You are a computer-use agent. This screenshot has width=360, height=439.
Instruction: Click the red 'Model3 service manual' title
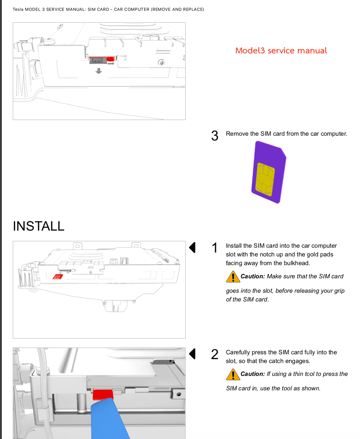pyautogui.click(x=281, y=50)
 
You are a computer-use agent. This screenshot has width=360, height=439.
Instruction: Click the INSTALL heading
pyautogui.click(x=39, y=226)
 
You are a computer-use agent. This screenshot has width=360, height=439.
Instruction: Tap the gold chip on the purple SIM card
pyautogui.click(x=265, y=179)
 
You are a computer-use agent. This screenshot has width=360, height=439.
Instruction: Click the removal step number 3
pyautogui.click(x=214, y=136)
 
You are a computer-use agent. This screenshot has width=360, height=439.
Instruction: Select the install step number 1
pyautogui.click(x=214, y=248)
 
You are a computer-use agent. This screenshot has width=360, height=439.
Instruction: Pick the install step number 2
pyautogui.click(x=214, y=355)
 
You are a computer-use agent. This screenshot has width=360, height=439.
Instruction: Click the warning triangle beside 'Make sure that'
pyautogui.click(x=232, y=277)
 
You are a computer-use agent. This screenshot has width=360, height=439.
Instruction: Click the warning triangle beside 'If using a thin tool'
pyautogui.click(x=232, y=375)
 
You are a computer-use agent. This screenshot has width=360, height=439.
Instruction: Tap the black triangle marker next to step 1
pyautogui.click(x=193, y=247)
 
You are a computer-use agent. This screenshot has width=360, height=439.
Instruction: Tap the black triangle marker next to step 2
pyautogui.click(x=193, y=354)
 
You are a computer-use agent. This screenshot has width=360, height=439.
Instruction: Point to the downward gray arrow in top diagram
pyautogui.click(x=99, y=71)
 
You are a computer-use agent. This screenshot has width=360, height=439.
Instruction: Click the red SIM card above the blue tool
pyautogui.click(x=103, y=394)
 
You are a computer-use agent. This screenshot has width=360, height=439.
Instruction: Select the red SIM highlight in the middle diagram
pyautogui.click(x=58, y=277)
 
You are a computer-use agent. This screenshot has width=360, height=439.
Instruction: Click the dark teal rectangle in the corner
pyautogui.click(x=339, y=14)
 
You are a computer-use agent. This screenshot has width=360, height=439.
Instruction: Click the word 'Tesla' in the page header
pyautogui.click(x=18, y=9)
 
